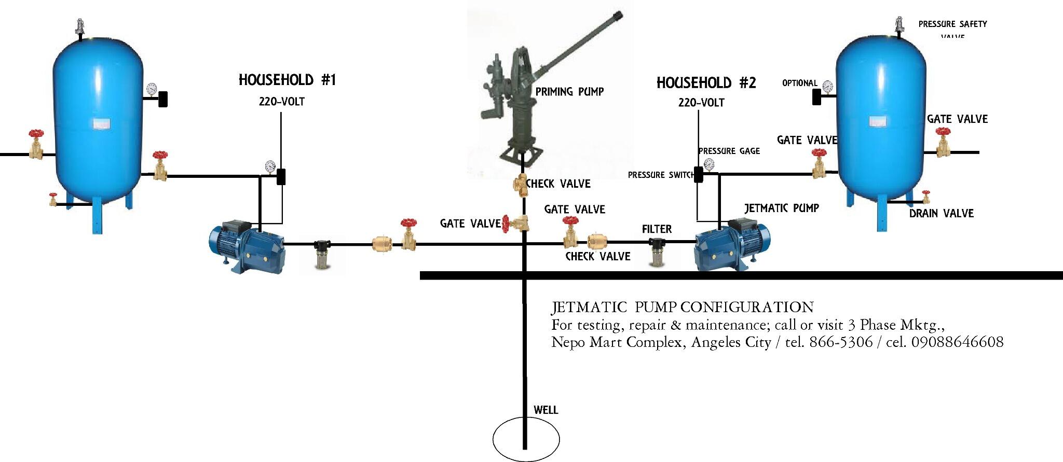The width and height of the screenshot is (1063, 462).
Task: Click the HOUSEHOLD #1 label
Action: click(x=287, y=80)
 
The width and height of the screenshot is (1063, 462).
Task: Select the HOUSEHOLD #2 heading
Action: click(x=706, y=83)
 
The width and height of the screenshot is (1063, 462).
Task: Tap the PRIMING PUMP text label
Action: click(x=569, y=92)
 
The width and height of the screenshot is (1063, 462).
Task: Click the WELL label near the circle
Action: click(x=546, y=410)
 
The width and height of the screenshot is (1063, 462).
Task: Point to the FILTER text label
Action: click(x=657, y=229)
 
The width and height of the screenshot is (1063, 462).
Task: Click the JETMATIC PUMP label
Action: click(x=781, y=208)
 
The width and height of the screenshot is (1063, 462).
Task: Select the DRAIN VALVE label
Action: click(x=941, y=213)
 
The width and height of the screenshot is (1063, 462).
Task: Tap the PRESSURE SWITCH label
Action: click(x=660, y=175)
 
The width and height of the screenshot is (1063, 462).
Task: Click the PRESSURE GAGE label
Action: click(x=729, y=151)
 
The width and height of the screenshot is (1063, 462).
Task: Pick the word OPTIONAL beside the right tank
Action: click(x=799, y=83)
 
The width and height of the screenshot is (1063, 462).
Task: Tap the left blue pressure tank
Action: click(x=99, y=114)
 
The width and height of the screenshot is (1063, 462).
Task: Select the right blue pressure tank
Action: click(x=881, y=114)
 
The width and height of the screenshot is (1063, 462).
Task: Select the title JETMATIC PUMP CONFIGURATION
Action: click(x=682, y=307)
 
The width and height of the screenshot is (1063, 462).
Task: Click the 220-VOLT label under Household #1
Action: click(x=281, y=102)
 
